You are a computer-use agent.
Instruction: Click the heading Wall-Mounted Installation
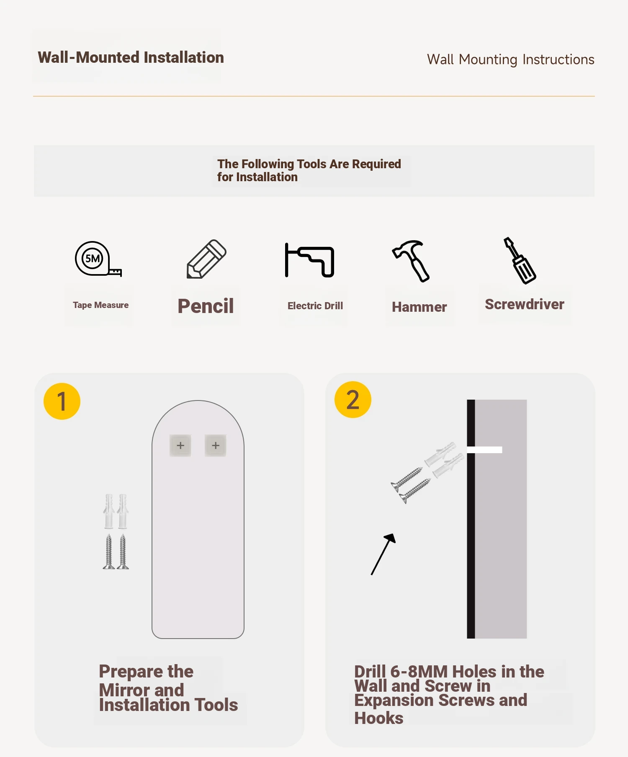(x=131, y=57)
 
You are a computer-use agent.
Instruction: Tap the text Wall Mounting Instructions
(x=510, y=59)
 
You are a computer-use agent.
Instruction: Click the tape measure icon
(x=98, y=259)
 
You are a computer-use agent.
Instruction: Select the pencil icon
(x=206, y=259)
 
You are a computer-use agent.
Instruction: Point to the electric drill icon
(x=309, y=260)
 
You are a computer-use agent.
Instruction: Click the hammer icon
(x=411, y=260)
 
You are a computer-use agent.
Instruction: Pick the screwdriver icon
(x=520, y=260)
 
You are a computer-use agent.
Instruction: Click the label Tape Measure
(x=100, y=305)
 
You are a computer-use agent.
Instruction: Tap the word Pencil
(x=206, y=306)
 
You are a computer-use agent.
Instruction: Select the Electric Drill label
(x=315, y=306)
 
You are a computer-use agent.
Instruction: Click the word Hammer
(x=419, y=307)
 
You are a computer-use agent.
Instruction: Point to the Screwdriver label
(x=524, y=304)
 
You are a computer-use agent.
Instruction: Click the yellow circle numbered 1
(x=62, y=401)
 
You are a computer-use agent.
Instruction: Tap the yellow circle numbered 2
(x=353, y=400)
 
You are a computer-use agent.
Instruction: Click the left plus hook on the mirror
(x=180, y=445)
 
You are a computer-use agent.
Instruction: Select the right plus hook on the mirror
(x=216, y=445)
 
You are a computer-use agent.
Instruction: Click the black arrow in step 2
(x=383, y=554)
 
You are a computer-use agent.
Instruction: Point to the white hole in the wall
(x=484, y=450)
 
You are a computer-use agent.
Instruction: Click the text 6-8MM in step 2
(x=419, y=672)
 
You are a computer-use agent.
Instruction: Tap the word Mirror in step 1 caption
(x=124, y=690)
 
